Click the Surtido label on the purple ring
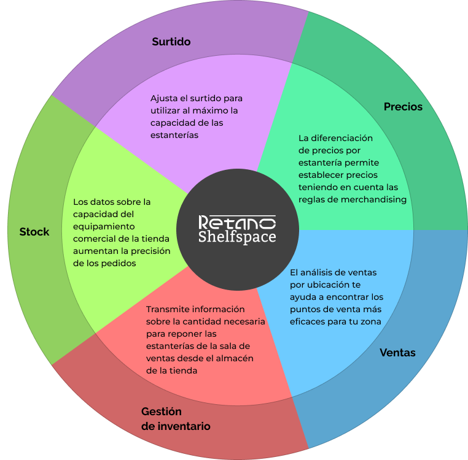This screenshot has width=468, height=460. (171, 42)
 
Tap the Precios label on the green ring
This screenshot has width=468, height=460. (403, 107)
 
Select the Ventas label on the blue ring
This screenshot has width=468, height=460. (397, 353)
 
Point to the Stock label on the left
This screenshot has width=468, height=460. (34, 232)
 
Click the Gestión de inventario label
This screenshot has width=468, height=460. (176, 419)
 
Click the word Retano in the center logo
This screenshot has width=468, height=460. (237, 222)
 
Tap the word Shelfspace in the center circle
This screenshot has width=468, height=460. (237, 237)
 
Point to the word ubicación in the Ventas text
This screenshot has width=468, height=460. (326, 285)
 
